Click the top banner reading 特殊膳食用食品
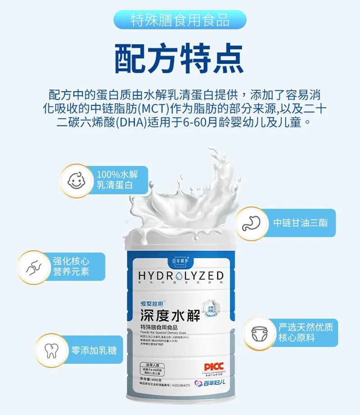pyautogui.click(x=180, y=20)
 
